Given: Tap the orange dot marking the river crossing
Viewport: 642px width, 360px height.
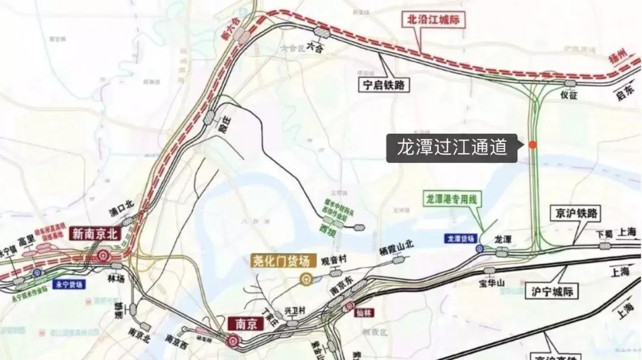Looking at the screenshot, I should [533, 144].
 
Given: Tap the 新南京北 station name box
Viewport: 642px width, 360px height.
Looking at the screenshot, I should [96, 233].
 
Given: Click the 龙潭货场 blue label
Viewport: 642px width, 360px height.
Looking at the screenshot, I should [461, 238].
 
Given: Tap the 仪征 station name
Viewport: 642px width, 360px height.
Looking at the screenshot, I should [569, 94].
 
